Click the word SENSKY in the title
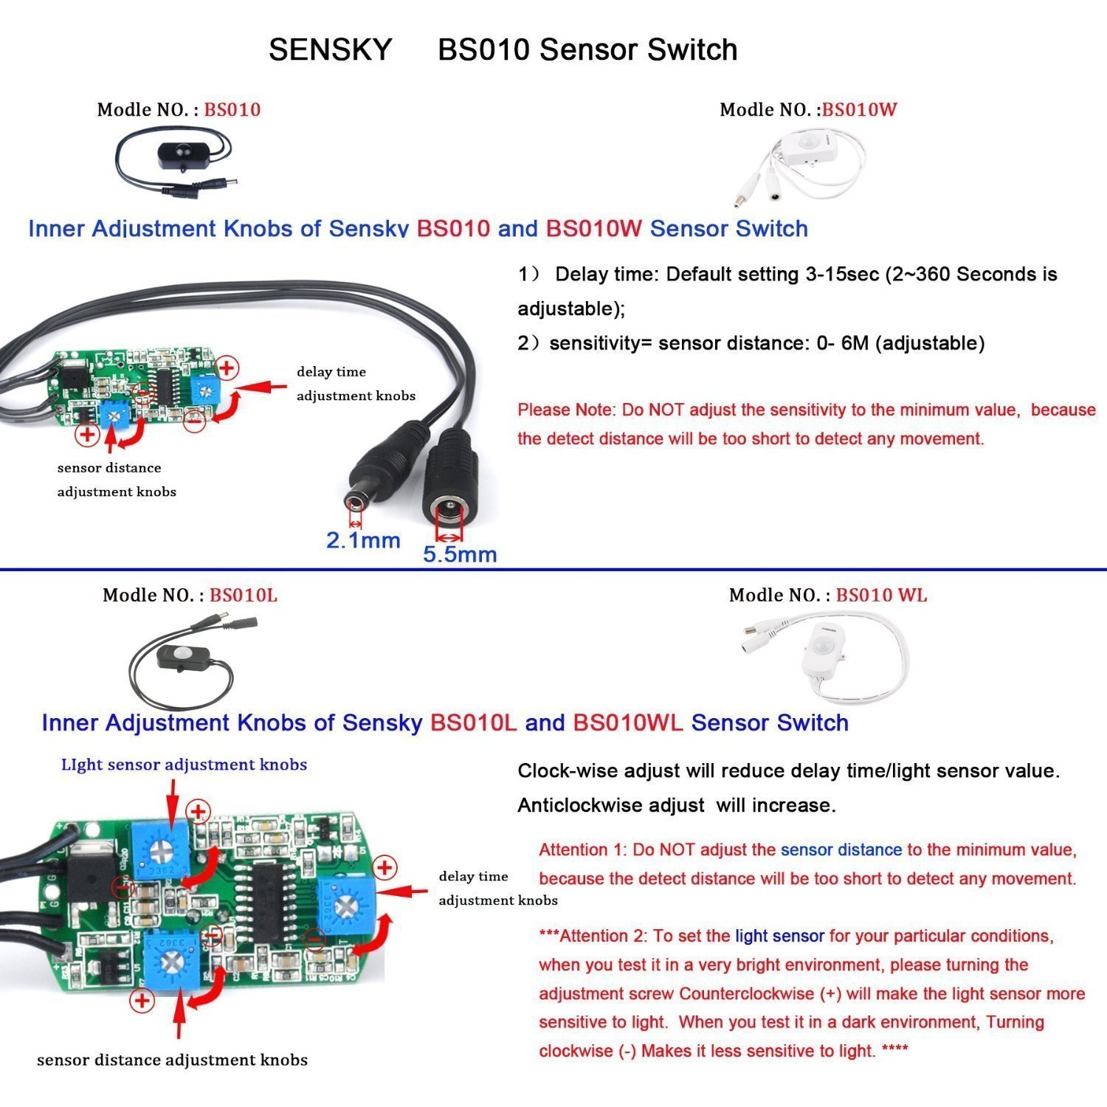(x=330, y=50)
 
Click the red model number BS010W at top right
(x=859, y=110)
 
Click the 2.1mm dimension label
(x=363, y=541)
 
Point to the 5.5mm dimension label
(x=459, y=554)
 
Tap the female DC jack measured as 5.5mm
(x=449, y=487)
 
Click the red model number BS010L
(x=243, y=596)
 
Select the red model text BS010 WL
(x=881, y=596)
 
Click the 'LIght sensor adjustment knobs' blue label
(x=184, y=765)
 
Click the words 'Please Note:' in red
(x=566, y=410)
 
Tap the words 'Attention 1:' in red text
(x=582, y=850)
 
